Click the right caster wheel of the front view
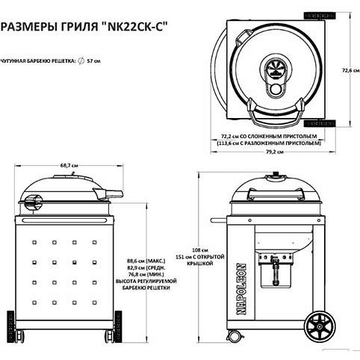[111, 333]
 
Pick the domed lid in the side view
[276, 188]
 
